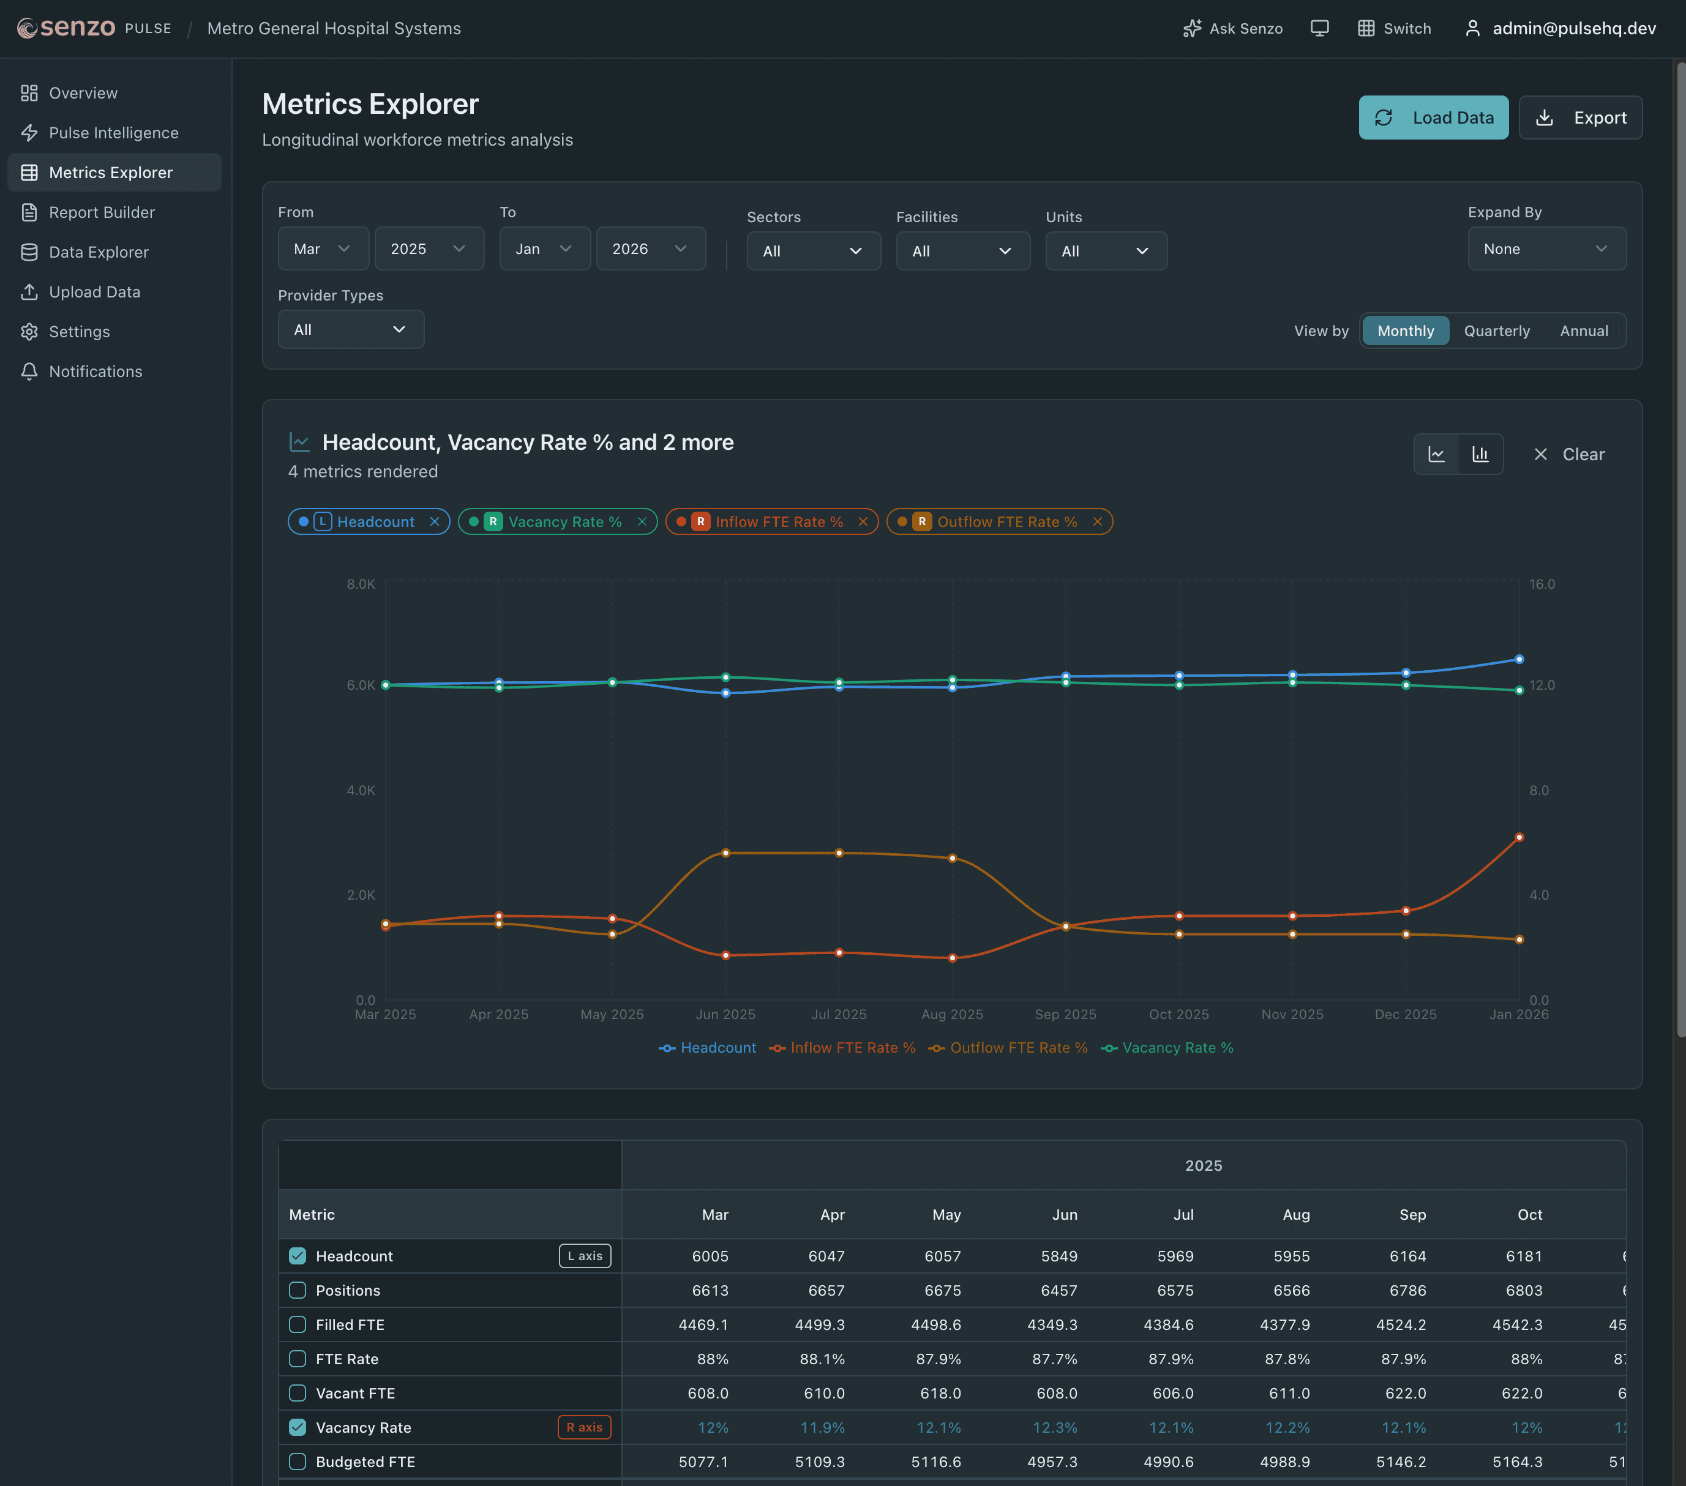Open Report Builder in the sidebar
tap(102, 213)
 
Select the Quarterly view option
tap(1496, 330)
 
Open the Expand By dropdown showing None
tap(1546, 249)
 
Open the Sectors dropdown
tap(812, 252)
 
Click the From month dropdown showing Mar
tap(323, 249)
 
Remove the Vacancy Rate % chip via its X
tap(642, 522)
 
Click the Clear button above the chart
tap(1569, 454)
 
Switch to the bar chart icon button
tap(1481, 454)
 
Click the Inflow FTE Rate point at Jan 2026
tap(1518, 837)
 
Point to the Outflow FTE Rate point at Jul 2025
tap(839, 853)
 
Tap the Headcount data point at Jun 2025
tap(726, 693)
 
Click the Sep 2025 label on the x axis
tap(1065, 1014)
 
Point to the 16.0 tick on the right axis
tap(1541, 584)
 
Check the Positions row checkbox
tap(298, 1291)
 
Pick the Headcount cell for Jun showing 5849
tap(1058, 1256)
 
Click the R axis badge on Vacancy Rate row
tap(584, 1427)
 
